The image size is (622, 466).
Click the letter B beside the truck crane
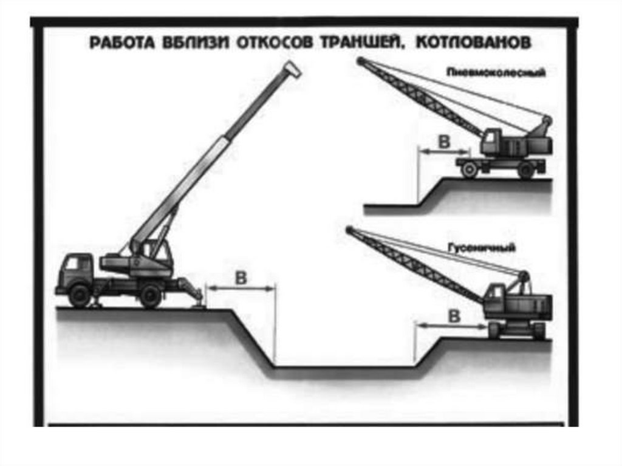(241, 278)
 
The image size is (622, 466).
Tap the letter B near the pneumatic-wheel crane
(444, 143)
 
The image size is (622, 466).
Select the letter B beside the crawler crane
(454, 315)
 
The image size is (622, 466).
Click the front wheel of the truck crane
(80, 295)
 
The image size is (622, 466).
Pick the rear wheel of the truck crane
(149, 296)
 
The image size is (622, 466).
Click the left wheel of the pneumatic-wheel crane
(469, 170)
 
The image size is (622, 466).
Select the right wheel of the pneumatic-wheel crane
(526, 170)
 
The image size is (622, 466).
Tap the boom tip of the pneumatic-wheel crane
(360, 61)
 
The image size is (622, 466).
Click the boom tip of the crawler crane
(349, 230)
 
